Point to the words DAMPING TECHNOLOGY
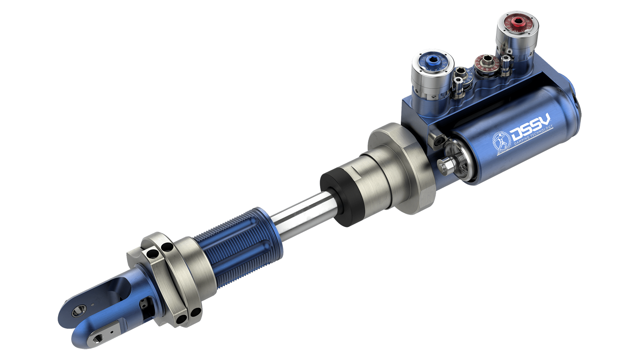534,136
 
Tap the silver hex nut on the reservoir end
444,164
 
